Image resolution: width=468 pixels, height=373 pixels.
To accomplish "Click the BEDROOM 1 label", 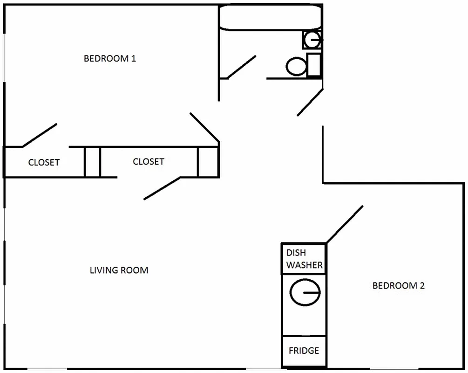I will pyautogui.click(x=109, y=59).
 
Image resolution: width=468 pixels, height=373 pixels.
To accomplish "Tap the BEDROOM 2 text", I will pyautogui.click(x=398, y=285).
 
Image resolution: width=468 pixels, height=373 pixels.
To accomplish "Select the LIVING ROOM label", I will pyautogui.click(x=119, y=270).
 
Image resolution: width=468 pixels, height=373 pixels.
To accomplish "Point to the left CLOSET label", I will pyautogui.click(x=44, y=162).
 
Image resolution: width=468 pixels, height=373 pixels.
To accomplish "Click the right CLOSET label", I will pyautogui.click(x=148, y=161).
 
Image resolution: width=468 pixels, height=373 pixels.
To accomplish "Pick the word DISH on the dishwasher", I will pyautogui.click(x=296, y=253).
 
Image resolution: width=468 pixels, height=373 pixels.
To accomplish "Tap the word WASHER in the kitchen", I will pyautogui.click(x=304, y=265).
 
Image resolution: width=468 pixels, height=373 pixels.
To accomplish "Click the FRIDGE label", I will pyautogui.click(x=304, y=350).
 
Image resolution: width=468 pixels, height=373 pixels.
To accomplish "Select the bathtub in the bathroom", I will pyautogui.click(x=270, y=18).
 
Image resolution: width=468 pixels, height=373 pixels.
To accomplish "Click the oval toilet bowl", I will pyautogui.click(x=296, y=67).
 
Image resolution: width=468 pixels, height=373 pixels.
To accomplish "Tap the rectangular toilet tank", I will pyautogui.click(x=314, y=65).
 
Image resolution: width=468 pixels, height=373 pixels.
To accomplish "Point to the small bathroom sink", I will pyautogui.click(x=312, y=39).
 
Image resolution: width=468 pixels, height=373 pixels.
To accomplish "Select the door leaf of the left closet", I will pyautogui.click(x=40, y=135).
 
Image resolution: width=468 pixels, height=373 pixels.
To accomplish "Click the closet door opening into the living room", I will pyautogui.click(x=162, y=188).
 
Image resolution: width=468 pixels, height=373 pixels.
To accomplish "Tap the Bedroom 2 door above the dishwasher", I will pyautogui.click(x=345, y=224).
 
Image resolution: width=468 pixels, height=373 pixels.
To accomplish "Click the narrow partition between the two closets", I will pyautogui.click(x=92, y=162).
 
